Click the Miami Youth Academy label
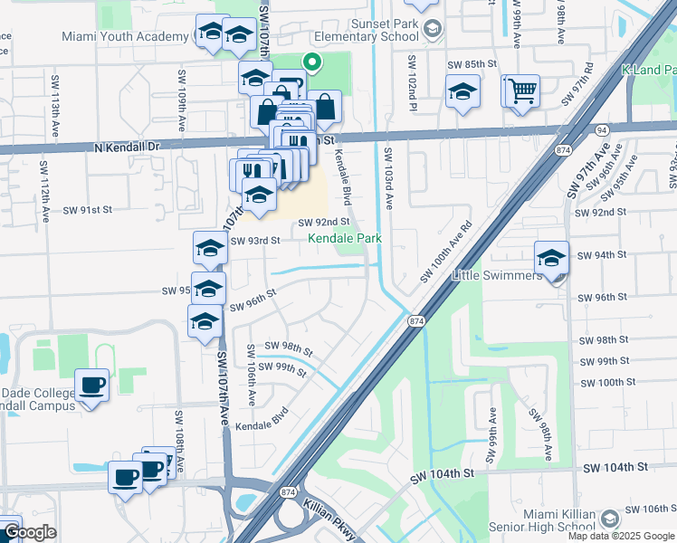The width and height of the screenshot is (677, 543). point(126,37)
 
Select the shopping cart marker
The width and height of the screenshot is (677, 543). point(521,90)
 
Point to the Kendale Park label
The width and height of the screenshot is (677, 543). point(345,238)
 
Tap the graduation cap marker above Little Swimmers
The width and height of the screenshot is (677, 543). point(550,258)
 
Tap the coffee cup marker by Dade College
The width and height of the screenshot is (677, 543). point(91,386)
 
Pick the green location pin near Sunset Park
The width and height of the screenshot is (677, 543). point(311,62)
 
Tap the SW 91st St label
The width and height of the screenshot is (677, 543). point(87,209)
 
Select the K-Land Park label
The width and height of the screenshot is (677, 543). point(649,71)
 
